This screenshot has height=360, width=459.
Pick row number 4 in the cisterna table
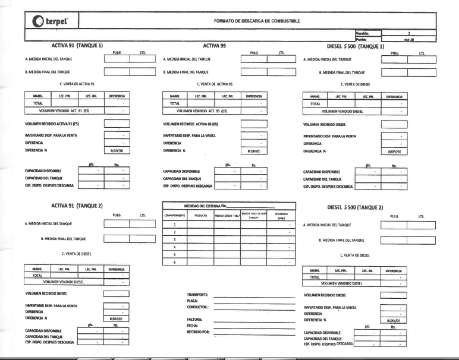click(175, 247)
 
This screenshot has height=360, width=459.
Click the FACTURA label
click(195, 320)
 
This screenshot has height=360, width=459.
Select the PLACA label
click(192, 302)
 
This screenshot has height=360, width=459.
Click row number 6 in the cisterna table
click(175, 261)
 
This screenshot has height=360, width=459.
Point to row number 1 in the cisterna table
click(175, 225)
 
